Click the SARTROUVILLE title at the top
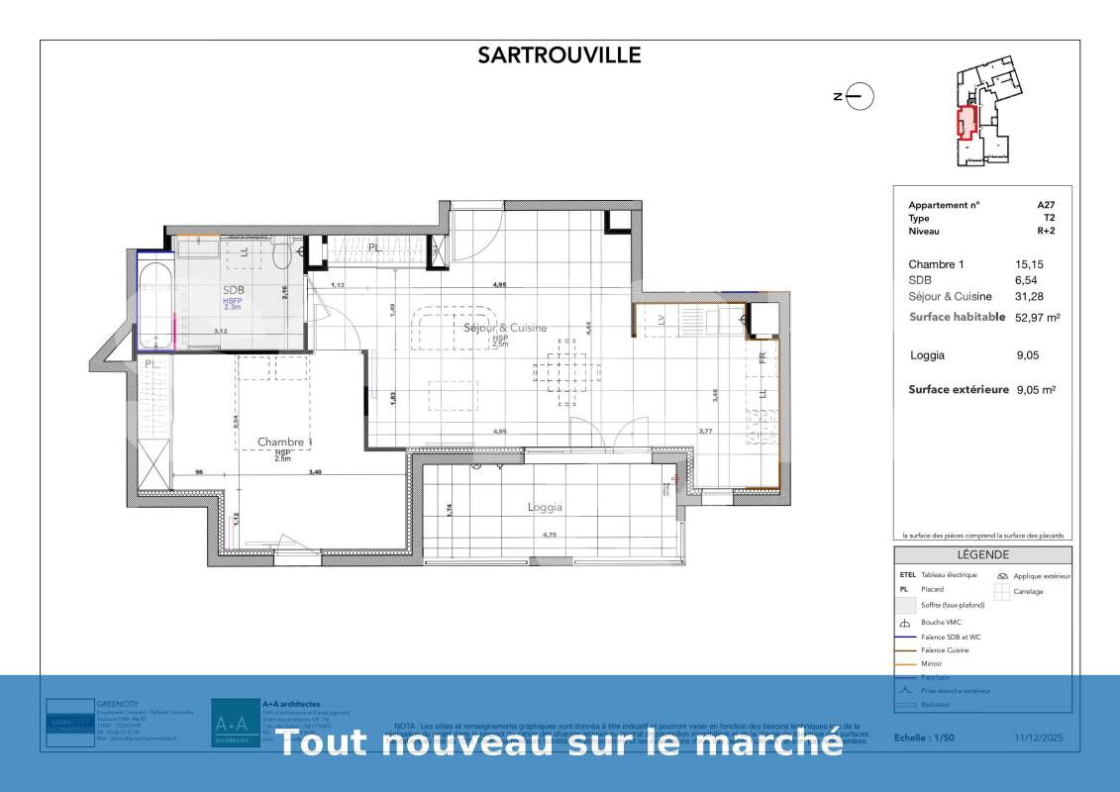560,55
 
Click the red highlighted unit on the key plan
966,121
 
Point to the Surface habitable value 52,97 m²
1036,318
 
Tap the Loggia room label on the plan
545,507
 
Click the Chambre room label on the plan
280,442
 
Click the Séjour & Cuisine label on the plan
505,327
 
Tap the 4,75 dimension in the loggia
550,535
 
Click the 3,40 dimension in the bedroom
315,472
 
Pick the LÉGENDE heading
982,555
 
